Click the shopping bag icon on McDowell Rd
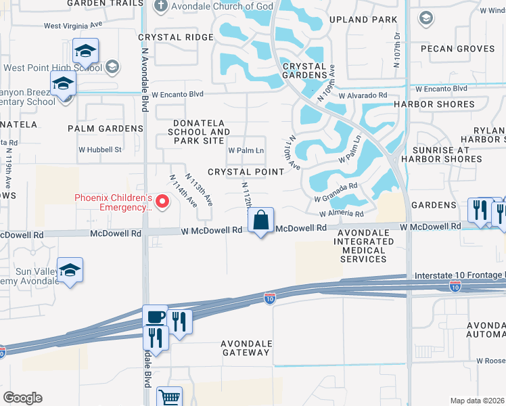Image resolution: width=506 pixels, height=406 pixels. pos(261,220)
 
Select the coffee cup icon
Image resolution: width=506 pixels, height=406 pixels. pos(155,317)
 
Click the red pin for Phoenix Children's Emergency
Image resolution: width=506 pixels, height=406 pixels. pos(162,202)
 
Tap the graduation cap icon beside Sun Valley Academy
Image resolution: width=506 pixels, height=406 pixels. pos(70,270)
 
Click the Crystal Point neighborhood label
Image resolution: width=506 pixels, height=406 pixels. pos(246,172)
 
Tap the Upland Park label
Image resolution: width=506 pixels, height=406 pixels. pos(363,20)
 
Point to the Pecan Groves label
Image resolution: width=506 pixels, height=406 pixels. pos(458,49)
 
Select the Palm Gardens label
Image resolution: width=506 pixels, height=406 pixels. pos(106,128)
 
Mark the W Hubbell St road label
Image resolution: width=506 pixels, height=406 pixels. pos(100,149)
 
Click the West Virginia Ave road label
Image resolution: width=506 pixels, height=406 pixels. pos(73,26)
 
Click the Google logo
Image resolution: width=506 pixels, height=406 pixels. pos(22,398)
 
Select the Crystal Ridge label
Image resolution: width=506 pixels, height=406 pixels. pos(175,37)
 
